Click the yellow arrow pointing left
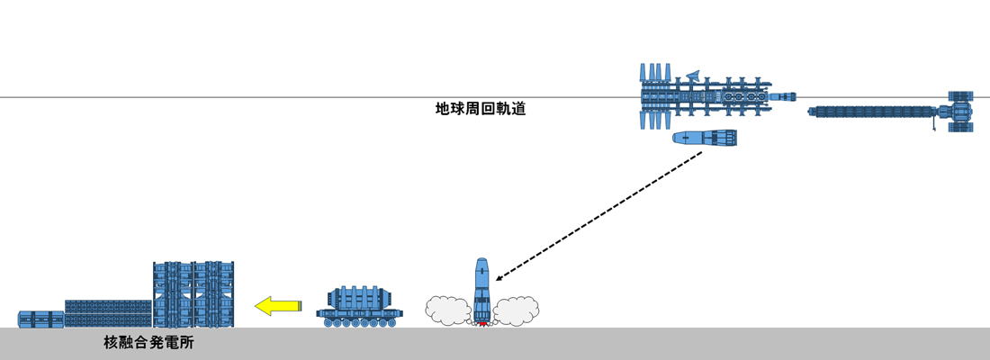tap(276, 306)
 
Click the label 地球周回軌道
tap(480, 110)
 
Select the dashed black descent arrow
tap(598, 215)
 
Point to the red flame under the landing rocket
tap(481, 322)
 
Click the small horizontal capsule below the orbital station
tap(706, 138)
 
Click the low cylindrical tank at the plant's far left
tap(41, 319)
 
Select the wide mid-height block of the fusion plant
tap(108, 313)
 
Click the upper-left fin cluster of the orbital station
tap(656, 72)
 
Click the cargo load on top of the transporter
tap(360, 297)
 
